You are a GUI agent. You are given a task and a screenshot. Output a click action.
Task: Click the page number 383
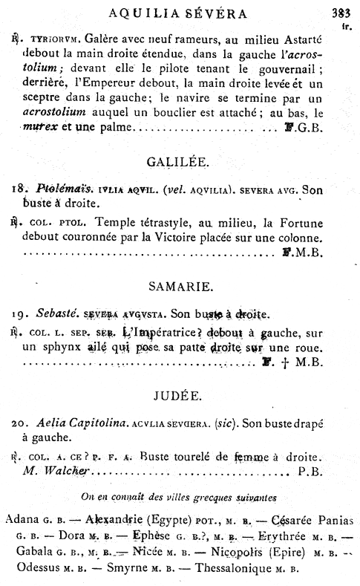point(339,13)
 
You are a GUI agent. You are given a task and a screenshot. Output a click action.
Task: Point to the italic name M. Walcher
point(56,470)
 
